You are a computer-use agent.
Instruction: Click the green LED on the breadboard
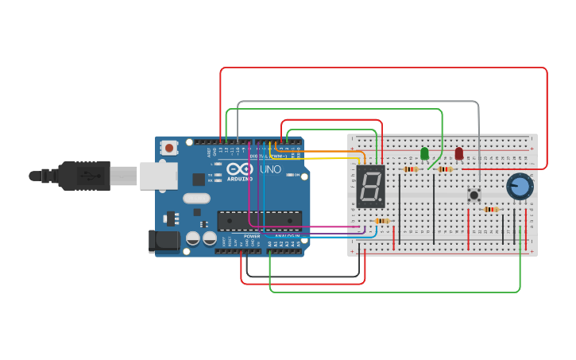click(424, 153)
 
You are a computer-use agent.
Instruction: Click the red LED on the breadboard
click(459, 153)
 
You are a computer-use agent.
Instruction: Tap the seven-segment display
click(371, 187)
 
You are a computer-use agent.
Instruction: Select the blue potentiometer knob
click(519, 186)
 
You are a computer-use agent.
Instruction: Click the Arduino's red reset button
click(169, 147)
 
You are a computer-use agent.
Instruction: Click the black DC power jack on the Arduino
click(163, 242)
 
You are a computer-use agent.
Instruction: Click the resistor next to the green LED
click(410, 168)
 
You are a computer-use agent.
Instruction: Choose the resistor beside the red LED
click(445, 168)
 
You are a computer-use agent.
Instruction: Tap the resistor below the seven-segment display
click(382, 221)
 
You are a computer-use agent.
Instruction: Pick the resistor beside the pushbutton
click(492, 210)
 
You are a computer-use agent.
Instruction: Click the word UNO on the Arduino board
click(271, 169)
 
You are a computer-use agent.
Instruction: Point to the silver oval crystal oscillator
click(196, 199)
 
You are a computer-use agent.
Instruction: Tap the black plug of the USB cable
click(83, 176)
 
